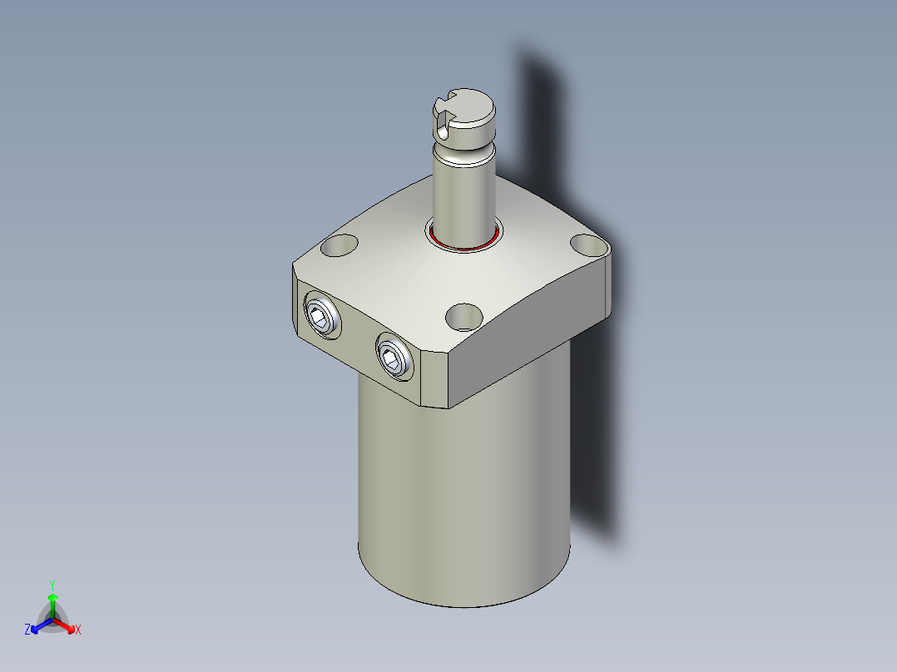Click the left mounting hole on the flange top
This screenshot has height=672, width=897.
(x=339, y=245)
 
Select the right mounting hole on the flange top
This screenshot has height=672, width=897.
(x=588, y=245)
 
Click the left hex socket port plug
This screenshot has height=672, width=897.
(x=320, y=316)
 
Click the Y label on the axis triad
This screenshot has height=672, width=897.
(x=52, y=584)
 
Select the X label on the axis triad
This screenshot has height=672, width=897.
(x=78, y=630)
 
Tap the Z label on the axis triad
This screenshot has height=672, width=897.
(x=27, y=630)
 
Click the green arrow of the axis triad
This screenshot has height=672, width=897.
(x=52, y=600)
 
